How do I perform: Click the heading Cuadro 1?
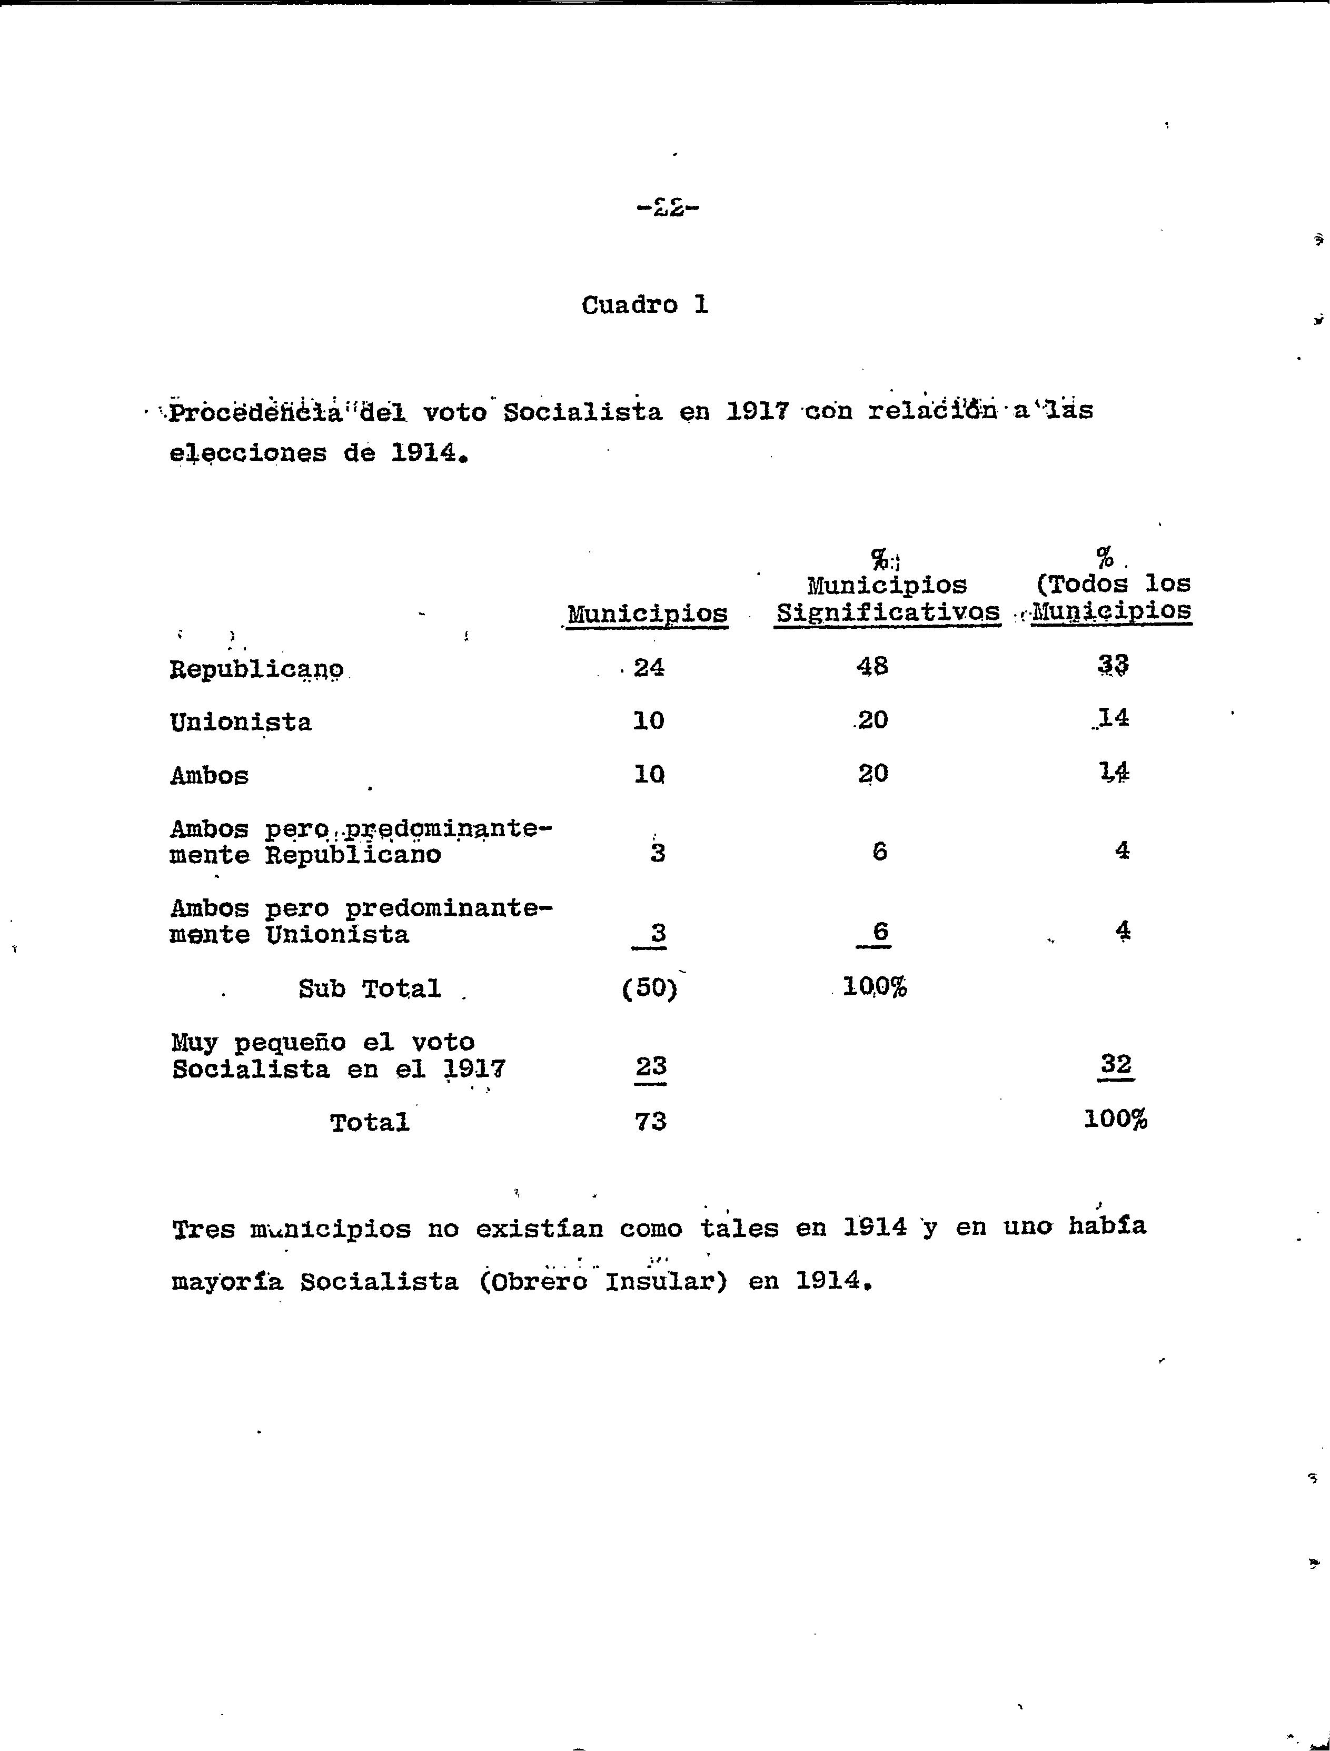pos(644,305)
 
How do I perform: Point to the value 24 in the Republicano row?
pos(649,667)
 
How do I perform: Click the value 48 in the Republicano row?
pos(872,666)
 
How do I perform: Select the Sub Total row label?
pos(369,988)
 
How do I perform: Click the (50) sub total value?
pos(650,988)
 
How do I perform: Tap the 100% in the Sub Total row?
pos(875,987)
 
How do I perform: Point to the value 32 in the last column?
pos(1116,1063)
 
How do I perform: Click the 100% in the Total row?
pos(1116,1119)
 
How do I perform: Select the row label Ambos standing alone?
pos(209,775)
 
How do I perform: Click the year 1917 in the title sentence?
pos(757,412)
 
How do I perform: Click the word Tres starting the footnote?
pos(203,1229)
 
